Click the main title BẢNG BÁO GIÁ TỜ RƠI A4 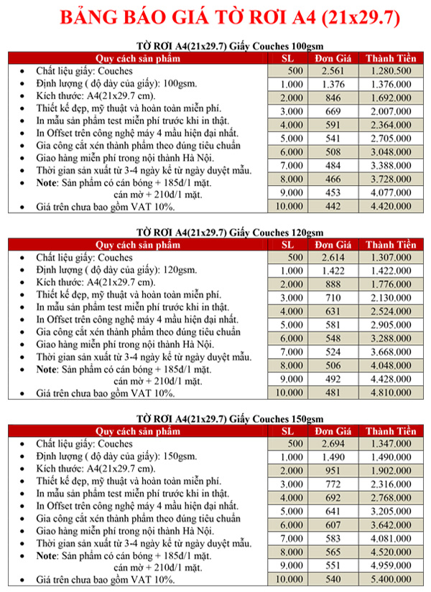(x=215, y=17)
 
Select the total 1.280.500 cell (x=391, y=72)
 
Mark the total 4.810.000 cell (x=391, y=393)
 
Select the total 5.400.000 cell (x=391, y=578)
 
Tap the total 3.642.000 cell (x=391, y=525)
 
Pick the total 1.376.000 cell (x=391, y=85)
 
